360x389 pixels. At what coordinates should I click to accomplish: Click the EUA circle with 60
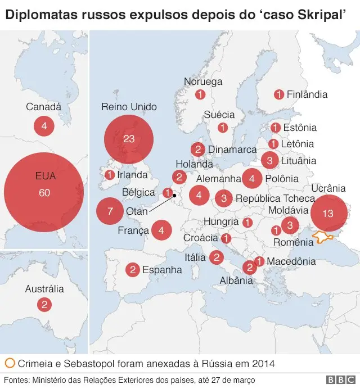(44, 193)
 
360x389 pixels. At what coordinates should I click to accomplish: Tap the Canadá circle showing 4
(44, 126)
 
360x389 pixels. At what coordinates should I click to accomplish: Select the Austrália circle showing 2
(44, 305)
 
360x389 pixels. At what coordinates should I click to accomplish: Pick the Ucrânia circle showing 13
(328, 213)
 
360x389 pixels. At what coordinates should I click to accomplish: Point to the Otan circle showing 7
(110, 211)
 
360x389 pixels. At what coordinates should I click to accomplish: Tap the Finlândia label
(307, 94)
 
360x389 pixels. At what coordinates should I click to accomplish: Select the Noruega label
(203, 82)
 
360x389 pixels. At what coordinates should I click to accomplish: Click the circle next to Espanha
(133, 270)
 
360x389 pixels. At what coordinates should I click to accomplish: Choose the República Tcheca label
(275, 198)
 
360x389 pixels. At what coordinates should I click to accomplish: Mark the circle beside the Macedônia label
(259, 261)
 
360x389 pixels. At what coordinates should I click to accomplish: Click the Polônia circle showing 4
(252, 179)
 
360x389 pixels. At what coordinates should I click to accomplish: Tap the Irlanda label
(133, 175)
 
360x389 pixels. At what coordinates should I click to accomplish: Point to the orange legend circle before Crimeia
(10, 363)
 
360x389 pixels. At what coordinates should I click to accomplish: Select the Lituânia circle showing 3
(269, 161)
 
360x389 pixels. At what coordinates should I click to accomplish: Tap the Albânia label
(236, 280)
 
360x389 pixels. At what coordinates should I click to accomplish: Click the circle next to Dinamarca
(197, 150)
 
